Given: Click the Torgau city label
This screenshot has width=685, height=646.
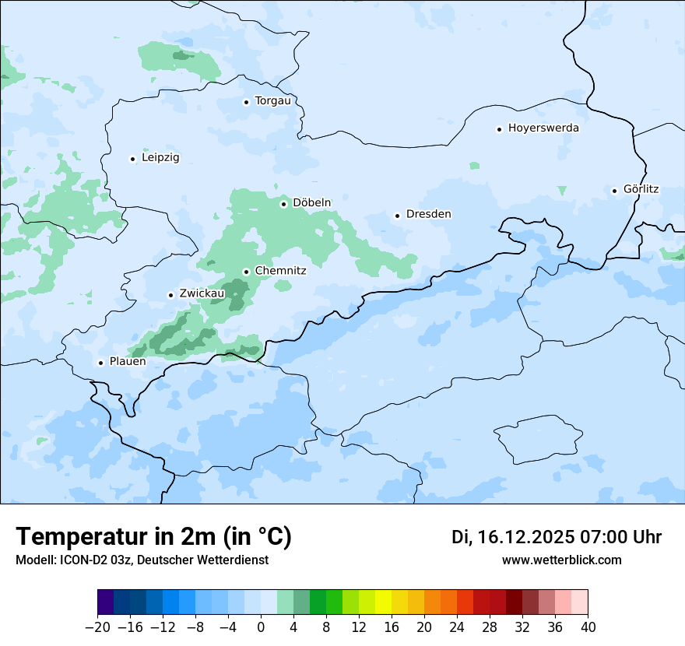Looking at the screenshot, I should [x=272, y=101].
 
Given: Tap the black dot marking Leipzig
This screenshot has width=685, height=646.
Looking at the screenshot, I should [x=132, y=159].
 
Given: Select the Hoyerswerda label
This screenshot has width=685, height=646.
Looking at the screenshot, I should [x=543, y=128].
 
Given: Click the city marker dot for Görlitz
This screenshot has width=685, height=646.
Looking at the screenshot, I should [x=614, y=190].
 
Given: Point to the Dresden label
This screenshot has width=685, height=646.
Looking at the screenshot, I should [x=428, y=214].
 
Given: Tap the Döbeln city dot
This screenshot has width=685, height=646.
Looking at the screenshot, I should [x=283, y=204].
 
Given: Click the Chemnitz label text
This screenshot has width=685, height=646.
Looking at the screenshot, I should [x=280, y=271].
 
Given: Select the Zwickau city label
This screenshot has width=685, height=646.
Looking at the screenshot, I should [x=202, y=294].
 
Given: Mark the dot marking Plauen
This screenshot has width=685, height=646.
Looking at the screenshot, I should [x=100, y=363].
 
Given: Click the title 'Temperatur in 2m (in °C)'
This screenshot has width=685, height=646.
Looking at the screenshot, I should [x=153, y=537].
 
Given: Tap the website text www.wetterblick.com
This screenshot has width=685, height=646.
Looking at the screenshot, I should [x=561, y=560].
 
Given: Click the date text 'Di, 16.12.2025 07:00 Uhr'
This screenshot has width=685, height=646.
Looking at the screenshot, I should [x=556, y=537].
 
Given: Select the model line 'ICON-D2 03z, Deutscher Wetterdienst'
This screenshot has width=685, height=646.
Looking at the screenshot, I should [x=142, y=560].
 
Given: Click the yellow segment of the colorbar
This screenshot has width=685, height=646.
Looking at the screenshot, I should [x=383, y=602].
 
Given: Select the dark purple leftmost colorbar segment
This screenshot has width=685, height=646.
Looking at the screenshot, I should [x=106, y=602].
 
